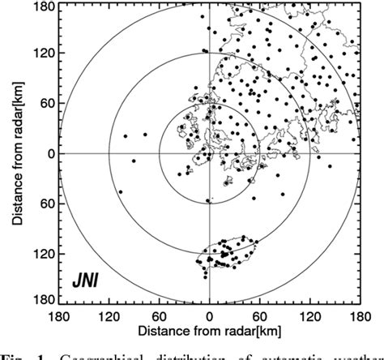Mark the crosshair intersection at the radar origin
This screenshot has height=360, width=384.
tap(209, 153)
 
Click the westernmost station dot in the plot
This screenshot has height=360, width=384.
tap(121, 192)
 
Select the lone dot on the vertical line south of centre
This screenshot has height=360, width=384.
tap(207, 200)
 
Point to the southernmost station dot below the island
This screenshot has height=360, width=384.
tap(205, 276)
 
